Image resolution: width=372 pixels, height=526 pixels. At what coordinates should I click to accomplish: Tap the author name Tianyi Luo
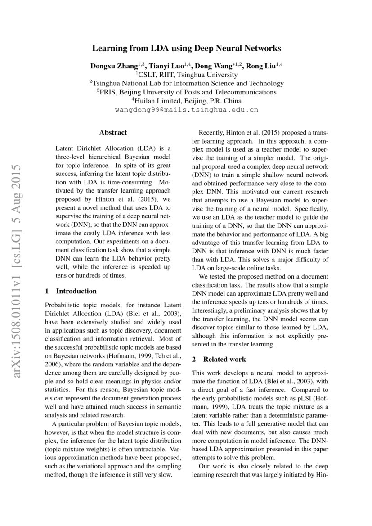click(x=166, y=66)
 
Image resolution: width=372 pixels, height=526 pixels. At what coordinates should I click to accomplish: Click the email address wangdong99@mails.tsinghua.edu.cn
click(x=187, y=109)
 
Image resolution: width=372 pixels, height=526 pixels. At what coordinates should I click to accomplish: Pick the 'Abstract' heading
click(x=113, y=132)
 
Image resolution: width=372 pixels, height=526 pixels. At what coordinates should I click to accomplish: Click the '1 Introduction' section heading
click(x=71, y=291)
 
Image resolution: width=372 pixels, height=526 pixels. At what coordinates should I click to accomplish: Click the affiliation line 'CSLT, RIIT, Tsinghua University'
click(x=187, y=75)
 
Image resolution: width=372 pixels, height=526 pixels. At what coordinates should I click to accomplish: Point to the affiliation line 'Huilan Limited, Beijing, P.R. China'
click(x=187, y=100)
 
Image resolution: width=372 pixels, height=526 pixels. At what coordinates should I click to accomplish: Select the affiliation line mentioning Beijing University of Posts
click(x=187, y=92)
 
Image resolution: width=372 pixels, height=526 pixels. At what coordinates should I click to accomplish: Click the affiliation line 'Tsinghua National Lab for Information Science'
click(x=187, y=83)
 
